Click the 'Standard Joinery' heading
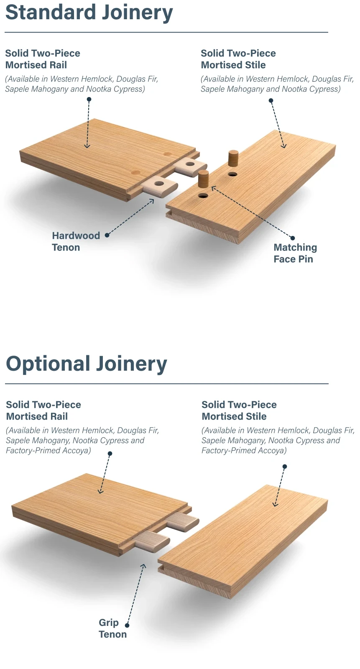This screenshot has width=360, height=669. tap(89, 13)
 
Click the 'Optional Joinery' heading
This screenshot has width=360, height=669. tap(87, 364)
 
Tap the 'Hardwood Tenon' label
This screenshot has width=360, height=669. tap(76, 241)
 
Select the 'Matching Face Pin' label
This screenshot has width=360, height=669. tap(295, 253)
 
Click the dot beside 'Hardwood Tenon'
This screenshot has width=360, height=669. tap(107, 236)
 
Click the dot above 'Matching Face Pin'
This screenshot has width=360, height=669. tap(293, 238)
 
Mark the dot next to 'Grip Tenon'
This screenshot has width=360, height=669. tap(127, 625)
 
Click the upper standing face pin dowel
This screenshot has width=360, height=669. tap(233, 158)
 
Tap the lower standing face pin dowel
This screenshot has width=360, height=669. tap(203, 179)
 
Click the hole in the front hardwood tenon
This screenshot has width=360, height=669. tap(159, 183)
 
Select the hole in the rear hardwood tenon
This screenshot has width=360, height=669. tap(189, 164)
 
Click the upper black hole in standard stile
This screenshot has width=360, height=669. tap(232, 174)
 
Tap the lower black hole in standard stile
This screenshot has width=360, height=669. tap(203, 196)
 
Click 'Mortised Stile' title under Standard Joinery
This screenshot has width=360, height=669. tap(233, 65)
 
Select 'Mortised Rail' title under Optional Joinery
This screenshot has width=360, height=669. tap(37, 416)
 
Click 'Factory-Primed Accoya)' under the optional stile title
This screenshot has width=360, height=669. tap(244, 450)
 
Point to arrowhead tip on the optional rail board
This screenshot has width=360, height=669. tap(100, 493)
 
